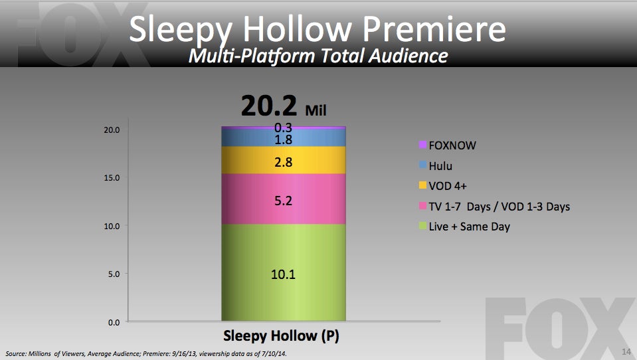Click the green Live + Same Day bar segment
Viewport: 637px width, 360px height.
click(x=284, y=272)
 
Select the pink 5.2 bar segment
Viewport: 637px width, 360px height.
click(x=284, y=199)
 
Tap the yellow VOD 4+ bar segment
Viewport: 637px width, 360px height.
click(x=284, y=161)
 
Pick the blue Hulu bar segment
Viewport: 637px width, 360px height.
click(x=284, y=137)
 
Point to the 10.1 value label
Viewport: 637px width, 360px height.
click(x=283, y=274)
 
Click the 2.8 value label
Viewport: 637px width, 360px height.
click(x=283, y=162)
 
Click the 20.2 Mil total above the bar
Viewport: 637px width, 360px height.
click(x=284, y=106)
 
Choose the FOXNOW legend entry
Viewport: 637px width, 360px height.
click(x=447, y=145)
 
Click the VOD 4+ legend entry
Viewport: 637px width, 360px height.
click(x=443, y=186)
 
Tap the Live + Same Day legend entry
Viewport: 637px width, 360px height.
click(x=464, y=226)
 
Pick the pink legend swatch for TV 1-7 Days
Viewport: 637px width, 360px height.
click(x=422, y=206)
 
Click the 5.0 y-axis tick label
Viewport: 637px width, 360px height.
click(x=114, y=274)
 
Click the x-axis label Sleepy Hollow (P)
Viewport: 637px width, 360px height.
click(x=281, y=336)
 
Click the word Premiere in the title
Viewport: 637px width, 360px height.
click(x=434, y=29)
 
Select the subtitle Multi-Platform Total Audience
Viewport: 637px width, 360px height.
click(x=318, y=56)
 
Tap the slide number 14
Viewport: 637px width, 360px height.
click(x=626, y=351)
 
